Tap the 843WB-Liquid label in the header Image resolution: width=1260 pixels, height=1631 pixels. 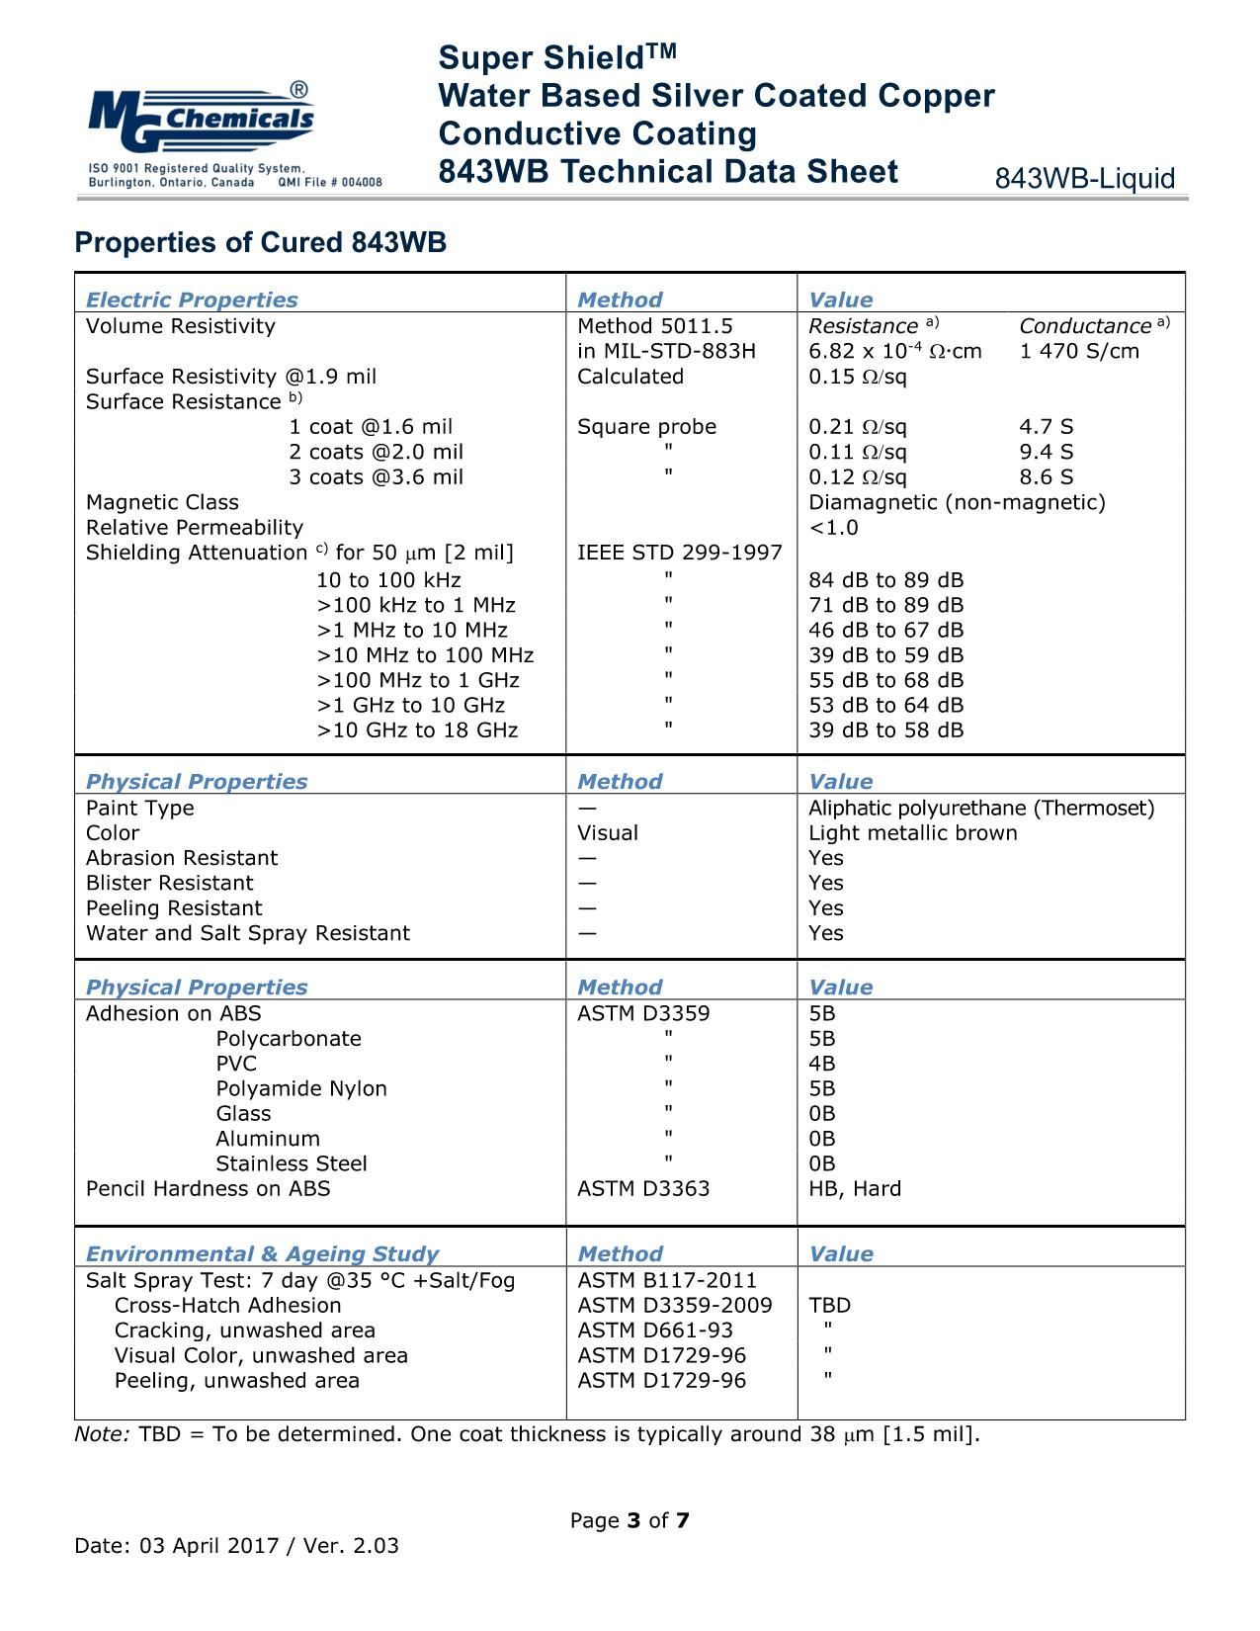pyautogui.click(x=1084, y=179)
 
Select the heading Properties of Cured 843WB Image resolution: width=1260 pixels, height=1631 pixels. pyautogui.click(x=261, y=243)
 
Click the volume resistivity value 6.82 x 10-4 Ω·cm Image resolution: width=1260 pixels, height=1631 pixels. pyautogui.click(x=894, y=352)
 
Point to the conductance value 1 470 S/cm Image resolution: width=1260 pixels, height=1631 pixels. pyautogui.click(x=1079, y=352)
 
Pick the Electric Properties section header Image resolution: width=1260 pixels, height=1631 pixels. pyautogui.click(x=192, y=300)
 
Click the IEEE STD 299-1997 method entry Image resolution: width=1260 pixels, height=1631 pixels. pyautogui.click(x=679, y=553)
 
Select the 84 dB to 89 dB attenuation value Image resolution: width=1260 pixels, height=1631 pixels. pyautogui.click(x=885, y=580)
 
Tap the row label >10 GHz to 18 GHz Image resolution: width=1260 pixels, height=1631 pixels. pyautogui.click(x=417, y=730)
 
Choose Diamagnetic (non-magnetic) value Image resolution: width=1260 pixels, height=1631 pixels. pyautogui.click(x=957, y=502)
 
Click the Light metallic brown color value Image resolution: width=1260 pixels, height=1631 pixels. pyautogui.click(x=912, y=833)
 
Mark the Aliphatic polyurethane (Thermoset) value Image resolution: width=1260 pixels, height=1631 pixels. pyautogui.click(x=980, y=809)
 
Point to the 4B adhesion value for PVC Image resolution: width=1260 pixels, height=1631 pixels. pyautogui.click(x=821, y=1064)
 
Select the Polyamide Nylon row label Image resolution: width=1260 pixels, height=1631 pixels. pyautogui.click(x=301, y=1088)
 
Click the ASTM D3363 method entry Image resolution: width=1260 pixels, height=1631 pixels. pyautogui.click(x=643, y=1189)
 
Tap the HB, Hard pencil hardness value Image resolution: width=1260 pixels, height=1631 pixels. pyautogui.click(x=855, y=1189)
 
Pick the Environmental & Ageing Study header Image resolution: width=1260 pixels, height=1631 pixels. pyautogui.click(x=262, y=1254)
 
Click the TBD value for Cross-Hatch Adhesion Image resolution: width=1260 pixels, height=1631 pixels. pyautogui.click(x=829, y=1306)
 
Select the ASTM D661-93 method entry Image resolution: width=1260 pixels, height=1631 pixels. pyautogui.click(x=655, y=1331)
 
